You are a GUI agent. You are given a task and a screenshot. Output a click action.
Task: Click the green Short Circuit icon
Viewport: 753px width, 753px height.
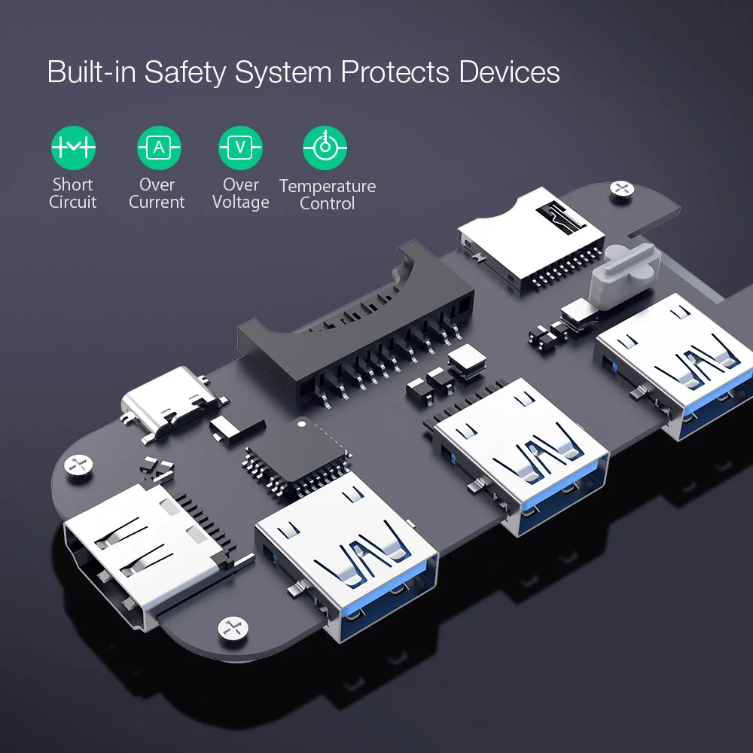73,148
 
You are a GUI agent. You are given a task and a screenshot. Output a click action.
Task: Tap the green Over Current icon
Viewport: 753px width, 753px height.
159,148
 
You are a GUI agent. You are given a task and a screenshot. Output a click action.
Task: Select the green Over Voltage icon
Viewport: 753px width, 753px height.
241,148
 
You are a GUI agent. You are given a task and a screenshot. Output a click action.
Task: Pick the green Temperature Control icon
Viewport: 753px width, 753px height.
325,148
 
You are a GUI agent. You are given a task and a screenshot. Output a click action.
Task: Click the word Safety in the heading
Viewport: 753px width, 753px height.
185,72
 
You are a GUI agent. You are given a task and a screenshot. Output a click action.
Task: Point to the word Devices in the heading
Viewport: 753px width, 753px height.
509,72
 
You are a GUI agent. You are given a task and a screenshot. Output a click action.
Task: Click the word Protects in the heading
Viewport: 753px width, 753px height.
395,72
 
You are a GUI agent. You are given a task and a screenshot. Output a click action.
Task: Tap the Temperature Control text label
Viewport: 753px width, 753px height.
328,194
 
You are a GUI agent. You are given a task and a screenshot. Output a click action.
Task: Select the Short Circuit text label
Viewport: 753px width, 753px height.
72,193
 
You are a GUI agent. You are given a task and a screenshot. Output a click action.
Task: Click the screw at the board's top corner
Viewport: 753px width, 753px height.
621,188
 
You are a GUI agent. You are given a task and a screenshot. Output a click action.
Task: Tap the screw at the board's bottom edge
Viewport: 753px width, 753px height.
233,629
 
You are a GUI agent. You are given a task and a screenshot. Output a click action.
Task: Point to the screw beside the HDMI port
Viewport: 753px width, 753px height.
78,465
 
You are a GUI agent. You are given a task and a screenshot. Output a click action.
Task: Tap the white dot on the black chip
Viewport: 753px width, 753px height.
302,424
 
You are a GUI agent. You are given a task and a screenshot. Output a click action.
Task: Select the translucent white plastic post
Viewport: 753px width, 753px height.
624,275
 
